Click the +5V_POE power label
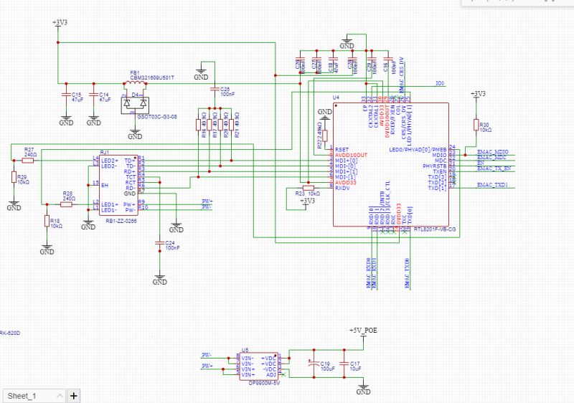click(x=362, y=331)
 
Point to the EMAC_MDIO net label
click(x=492, y=153)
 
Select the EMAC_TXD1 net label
click(x=492, y=184)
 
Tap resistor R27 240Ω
click(x=28, y=160)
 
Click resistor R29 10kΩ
click(x=14, y=178)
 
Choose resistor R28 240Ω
click(x=66, y=204)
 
